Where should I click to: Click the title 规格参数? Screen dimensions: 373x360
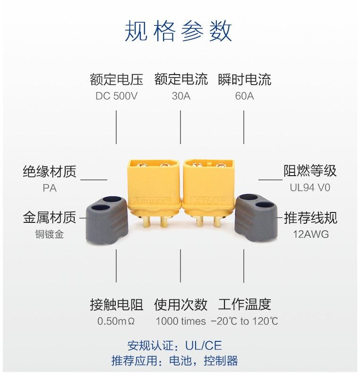point(179,32)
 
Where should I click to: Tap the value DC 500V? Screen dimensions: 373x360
point(116,96)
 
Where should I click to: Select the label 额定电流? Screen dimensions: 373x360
point(180,79)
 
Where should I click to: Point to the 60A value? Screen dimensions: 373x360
point(244,96)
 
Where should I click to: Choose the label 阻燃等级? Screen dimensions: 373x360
point(310,171)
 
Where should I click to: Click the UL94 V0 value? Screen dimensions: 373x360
point(310,188)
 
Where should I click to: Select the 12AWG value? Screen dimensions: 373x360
point(310,234)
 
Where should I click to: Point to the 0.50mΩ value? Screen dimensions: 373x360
point(116,322)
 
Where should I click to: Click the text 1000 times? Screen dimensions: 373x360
point(180,322)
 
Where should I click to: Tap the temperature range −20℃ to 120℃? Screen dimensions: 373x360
point(244,322)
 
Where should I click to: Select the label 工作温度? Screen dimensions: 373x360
point(244,305)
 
